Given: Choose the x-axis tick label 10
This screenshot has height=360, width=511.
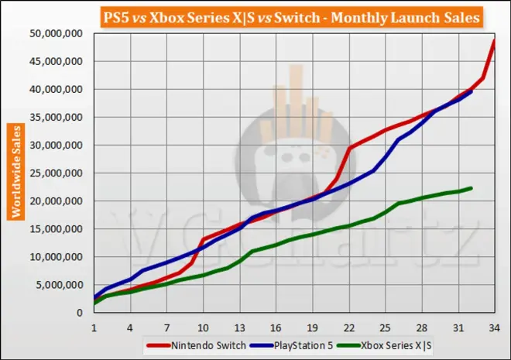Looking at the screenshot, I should (203, 327).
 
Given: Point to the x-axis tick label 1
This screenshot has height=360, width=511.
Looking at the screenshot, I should (94, 327).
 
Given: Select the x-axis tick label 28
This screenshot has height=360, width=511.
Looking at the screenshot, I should (421, 327).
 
